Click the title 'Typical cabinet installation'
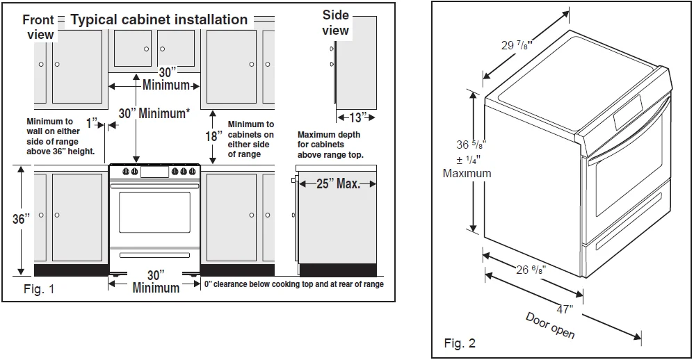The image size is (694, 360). point(159,19)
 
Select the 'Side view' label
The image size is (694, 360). point(335,22)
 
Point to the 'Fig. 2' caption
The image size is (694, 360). point(460,343)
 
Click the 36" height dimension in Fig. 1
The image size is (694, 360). point(21,219)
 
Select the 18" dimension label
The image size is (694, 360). point(213,136)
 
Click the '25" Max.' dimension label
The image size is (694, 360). point(338,184)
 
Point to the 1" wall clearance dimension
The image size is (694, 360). point(92,123)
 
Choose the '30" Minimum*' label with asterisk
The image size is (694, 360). point(154,113)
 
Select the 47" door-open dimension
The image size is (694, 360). point(564,309)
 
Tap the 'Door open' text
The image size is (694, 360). point(550,325)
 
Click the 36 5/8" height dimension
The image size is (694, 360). point(470,145)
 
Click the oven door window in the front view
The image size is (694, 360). point(154,212)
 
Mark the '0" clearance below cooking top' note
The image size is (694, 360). point(293,284)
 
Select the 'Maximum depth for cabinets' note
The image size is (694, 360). point(330,145)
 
